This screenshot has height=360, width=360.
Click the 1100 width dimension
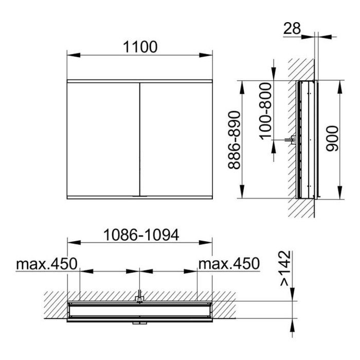coord(140,47)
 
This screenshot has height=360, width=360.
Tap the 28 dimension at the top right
coord(292,28)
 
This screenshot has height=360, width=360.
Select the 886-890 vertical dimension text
coord(234,140)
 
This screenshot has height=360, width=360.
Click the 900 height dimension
coord(332,138)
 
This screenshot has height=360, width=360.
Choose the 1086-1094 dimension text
coord(141,235)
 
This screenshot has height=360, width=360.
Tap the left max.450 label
coord(47,264)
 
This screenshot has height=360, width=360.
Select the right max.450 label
coord(229,263)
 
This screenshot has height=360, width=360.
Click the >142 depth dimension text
coord(285,268)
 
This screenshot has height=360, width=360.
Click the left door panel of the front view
coord(103,139)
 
